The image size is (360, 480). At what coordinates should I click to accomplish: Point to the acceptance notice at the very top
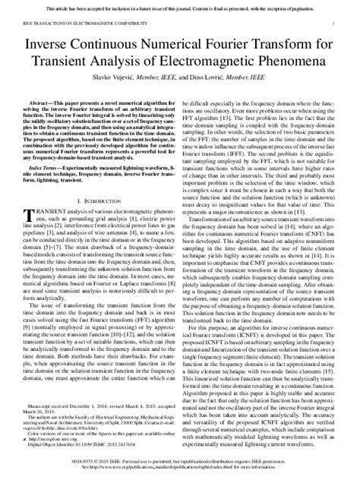click(180, 5)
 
